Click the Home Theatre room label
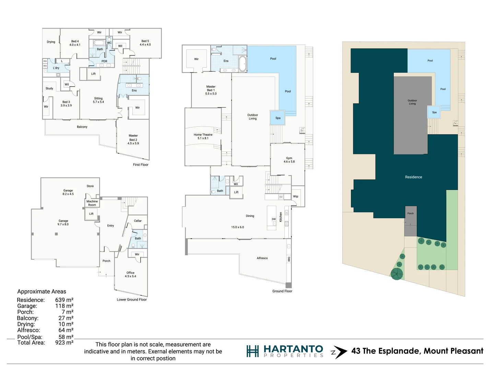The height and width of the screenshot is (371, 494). [x=203, y=136]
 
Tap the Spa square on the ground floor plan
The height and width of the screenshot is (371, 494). [x=278, y=118]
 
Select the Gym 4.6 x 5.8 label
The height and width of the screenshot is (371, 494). [x=289, y=160]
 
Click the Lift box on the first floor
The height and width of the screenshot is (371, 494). [x=93, y=74]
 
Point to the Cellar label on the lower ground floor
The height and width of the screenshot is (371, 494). [x=138, y=221]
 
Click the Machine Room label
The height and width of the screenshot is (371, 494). [x=92, y=203]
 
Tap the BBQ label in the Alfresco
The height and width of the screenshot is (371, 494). [x=289, y=259]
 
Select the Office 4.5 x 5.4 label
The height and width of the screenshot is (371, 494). [x=130, y=274]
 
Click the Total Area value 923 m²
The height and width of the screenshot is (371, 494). [x=64, y=342]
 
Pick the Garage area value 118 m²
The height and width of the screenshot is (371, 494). [x=64, y=306]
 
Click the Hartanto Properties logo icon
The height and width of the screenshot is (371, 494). [x=252, y=351]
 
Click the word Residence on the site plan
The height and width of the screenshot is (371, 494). [x=413, y=177]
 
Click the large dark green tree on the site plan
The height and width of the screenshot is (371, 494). [x=397, y=274]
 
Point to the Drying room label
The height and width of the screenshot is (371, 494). [x=51, y=42]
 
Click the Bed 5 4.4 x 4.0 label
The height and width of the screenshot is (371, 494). [x=145, y=43]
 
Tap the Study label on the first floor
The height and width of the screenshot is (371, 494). [x=49, y=88]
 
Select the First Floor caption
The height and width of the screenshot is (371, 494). [x=141, y=165]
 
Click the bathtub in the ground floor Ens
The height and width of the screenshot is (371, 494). [x=243, y=64]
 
